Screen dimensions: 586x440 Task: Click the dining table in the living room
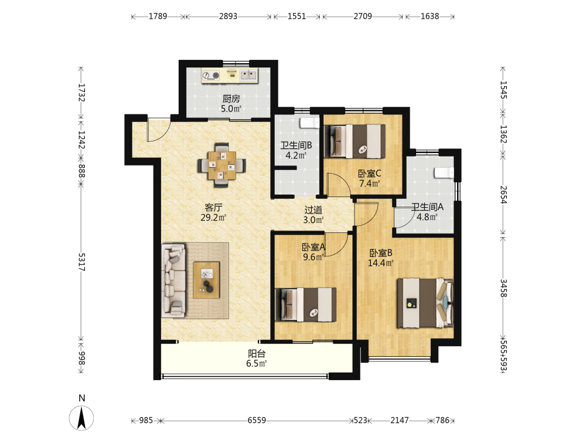pyautogui.click(x=222, y=165)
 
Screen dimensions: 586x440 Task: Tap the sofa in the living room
pyautogui.click(x=174, y=280)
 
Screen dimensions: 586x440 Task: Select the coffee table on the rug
pyautogui.click(x=206, y=280)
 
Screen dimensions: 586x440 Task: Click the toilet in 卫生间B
pyautogui.click(x=310, y=123)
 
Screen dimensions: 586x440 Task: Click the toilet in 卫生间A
pyautogui.click(x=444, y=172)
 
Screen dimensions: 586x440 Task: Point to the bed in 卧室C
pyautogui.click(x=355, y=141)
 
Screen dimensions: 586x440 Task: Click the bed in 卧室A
pyautogui.click(x=306, y=304)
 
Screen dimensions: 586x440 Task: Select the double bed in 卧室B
pyautogui.click(x=425, y=303)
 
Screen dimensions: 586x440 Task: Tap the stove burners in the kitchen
pyautogui.click(x=211, y=76)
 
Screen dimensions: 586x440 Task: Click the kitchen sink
pyautogui.click(x=248, y=75)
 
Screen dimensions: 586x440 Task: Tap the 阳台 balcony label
pyautogui.click(x=257, y=353)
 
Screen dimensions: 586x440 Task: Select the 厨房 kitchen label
pyautogui.click(x=231, y=99)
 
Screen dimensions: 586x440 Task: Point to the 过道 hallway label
pyautogui.click(x=313, y=210)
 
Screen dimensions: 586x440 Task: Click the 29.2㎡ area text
pyautogui.click(x=213, y=218)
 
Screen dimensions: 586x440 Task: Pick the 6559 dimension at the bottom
pyautogui.click(x=257, y=420)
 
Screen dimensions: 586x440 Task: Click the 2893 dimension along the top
pyautogui.click(x=228, y=16)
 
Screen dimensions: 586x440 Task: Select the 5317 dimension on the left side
pyautogui.click(x=81, y=262)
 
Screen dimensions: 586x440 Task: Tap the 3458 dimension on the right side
pyautogui.click(x=503, y=288)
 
